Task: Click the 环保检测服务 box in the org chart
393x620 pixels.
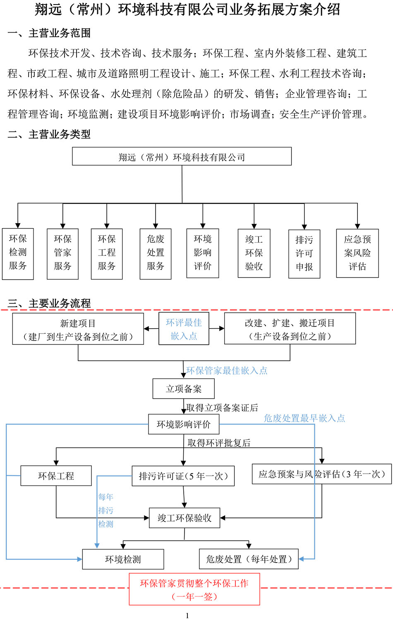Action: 18,253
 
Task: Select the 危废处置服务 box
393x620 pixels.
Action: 156,253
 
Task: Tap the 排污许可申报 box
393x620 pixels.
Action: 304,253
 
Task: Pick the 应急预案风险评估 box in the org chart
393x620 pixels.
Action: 357,253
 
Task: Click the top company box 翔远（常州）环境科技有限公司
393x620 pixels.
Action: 182,157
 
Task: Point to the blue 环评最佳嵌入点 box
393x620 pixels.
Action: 184,329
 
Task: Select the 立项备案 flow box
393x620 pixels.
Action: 183,389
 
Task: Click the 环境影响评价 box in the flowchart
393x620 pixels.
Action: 183,424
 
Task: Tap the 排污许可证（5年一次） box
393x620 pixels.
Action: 183,476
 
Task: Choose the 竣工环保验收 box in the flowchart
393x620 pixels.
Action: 184,518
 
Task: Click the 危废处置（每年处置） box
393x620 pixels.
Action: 249,559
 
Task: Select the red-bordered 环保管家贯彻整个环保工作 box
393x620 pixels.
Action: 194,589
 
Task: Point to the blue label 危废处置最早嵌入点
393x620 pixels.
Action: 304,418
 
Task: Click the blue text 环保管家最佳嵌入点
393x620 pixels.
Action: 227,370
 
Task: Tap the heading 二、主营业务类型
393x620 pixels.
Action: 49,134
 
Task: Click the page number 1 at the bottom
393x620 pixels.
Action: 187,615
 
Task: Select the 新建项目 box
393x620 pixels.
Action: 78,329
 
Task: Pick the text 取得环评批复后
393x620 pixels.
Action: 219,443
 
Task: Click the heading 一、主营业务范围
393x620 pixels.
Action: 49,33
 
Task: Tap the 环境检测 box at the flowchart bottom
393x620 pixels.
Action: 123,559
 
